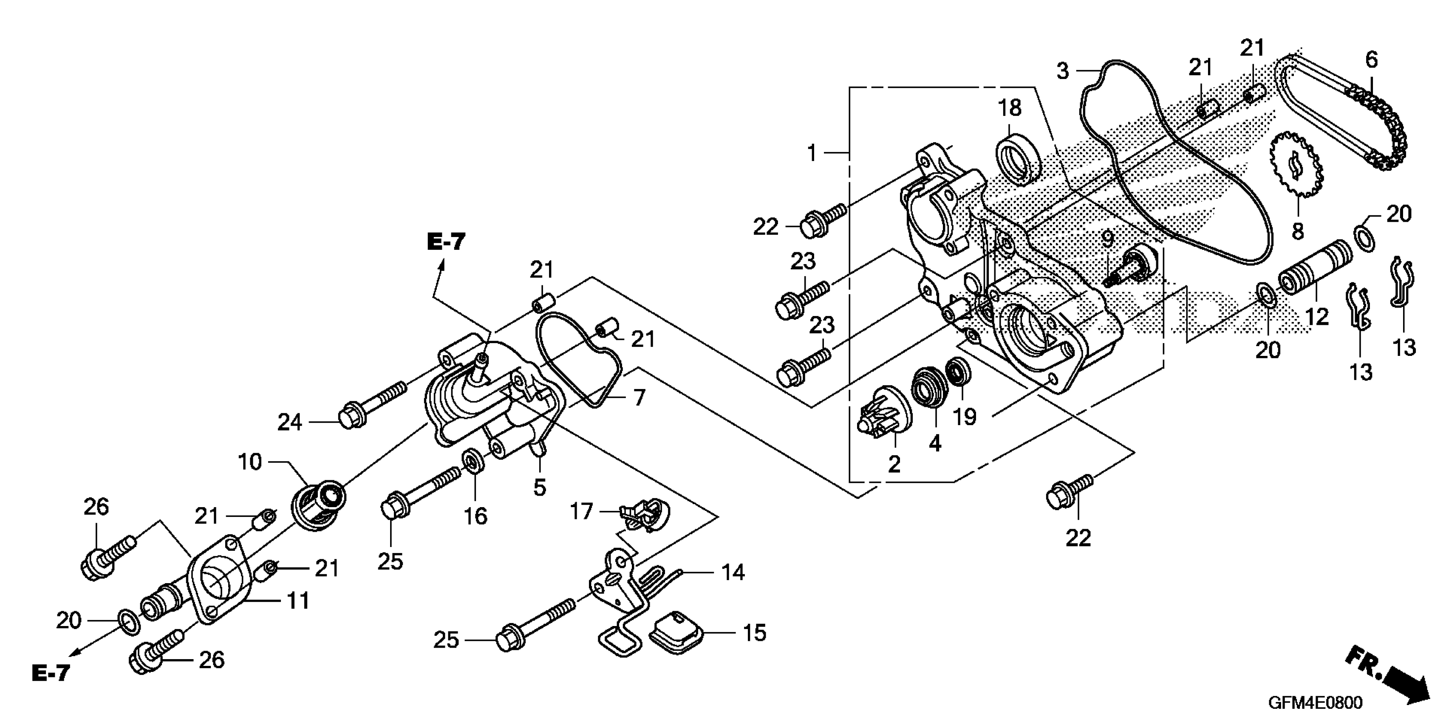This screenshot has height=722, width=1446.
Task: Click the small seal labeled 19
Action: click(959, 372)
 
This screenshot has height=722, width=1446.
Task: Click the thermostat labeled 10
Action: click(318, 502)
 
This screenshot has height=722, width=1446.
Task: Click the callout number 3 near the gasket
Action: click(1063, 71)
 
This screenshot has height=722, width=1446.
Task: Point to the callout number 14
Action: click(733, 572)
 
